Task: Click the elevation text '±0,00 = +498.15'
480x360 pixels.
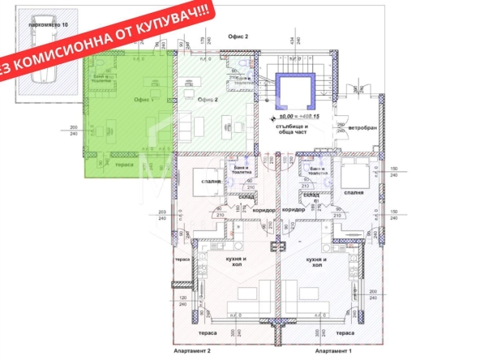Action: pos(296,118)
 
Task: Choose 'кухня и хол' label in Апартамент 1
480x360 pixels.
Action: pos(317,261)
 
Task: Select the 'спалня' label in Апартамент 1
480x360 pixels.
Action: pos(354,193)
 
